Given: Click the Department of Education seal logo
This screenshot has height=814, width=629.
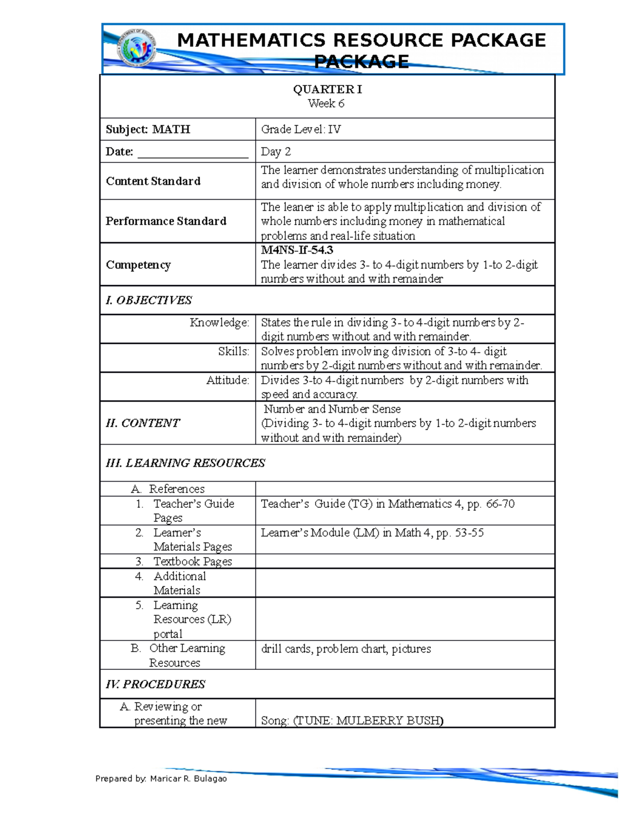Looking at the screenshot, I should (x=136, y=48).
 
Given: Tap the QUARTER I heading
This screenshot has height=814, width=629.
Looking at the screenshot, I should (x=327, y=90).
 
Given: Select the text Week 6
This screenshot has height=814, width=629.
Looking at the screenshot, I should (x=326, y=103).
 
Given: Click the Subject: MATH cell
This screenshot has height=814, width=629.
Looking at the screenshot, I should (x=148, y=129).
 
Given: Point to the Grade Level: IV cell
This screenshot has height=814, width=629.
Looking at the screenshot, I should (x=301, y=129).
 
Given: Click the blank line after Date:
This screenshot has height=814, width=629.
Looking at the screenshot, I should (x=192, y=153).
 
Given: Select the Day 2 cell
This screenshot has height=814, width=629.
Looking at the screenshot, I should (x=276, y=151).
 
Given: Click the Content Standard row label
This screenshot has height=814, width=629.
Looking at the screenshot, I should (x=153, y=181).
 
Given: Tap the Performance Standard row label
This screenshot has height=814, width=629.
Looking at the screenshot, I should (x=166, y=221).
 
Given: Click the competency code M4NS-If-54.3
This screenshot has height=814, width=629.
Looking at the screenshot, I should (x=297, y=250).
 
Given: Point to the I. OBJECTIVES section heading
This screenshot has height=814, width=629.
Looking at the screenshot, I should (x=149, y=300).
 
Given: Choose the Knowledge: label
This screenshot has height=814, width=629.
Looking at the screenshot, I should (x=219, y=323).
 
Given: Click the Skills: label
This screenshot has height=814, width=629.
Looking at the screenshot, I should (x=233, y=352).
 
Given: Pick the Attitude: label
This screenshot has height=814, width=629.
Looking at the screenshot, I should (x=227, y=381).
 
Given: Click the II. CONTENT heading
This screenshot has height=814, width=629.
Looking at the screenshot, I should (x=143, y=423).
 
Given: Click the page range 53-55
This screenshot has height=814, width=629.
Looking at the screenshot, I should (x=469, y=533).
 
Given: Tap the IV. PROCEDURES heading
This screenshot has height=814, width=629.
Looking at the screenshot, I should (x=155, y=684).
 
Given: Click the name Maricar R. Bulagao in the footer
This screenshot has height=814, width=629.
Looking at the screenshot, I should (x=188, y=778).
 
